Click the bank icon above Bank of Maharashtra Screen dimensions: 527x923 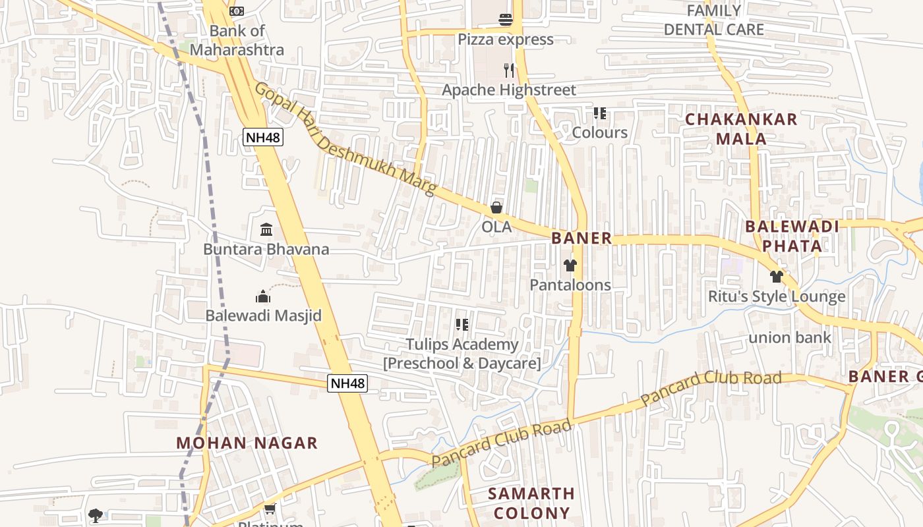(x=237, y=11)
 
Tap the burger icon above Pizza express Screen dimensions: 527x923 (x=506, y=19)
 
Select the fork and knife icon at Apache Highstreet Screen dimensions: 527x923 (x=508, y=70)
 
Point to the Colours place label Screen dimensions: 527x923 (x=599, y=132)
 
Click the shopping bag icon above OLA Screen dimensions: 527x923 (x=496, y=208)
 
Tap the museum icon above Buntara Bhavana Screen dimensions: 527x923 (x=266, y=230)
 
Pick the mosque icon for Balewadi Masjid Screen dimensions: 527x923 (x=263, y=296)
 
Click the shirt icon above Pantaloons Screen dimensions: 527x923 (x=570, y=265)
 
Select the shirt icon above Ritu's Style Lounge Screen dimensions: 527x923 (x=777, y=277)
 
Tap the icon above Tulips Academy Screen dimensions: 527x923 (x=462, y=324)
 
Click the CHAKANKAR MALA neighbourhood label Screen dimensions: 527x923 (x=741, y=129)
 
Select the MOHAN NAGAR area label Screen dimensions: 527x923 (x=247, y=443)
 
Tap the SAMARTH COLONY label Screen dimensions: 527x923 (x=531, y=503)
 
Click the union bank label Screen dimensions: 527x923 (x=790, y=338)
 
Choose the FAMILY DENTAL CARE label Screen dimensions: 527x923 (x=714, y=20)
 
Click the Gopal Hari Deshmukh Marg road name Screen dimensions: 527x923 (x=345, y=138)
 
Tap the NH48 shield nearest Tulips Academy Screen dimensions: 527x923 (x=347, y=383)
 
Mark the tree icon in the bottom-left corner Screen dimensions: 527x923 (x=96, y=515)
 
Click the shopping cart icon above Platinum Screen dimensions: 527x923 (x=270, y=509)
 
